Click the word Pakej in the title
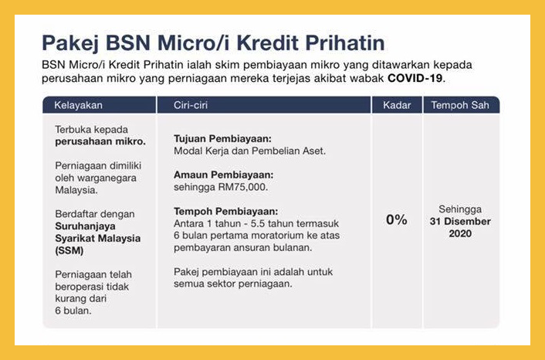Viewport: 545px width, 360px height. [70, 43]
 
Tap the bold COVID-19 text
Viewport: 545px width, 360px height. [415, 78]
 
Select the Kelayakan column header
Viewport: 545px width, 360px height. [78, 105]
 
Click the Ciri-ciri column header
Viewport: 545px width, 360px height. [191, 105]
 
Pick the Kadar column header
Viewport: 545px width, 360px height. [397, 105]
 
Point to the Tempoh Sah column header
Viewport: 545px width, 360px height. [460, 105]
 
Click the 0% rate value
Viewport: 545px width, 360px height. [397, 220]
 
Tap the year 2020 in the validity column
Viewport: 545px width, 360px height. [460, 233]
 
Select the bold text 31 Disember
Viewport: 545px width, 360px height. [460, 221]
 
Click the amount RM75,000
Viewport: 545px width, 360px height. [243, 187]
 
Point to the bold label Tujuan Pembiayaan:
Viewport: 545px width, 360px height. [222, 139]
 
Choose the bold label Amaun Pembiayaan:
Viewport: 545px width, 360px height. [224, 175]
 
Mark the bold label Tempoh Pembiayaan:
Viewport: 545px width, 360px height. [226, 211]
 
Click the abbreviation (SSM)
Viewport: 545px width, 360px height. [69, 250]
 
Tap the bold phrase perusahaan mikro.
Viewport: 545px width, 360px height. [100, 141]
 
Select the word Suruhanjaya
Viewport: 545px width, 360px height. [85, 226]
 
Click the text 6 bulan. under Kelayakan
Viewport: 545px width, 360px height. [73, 311]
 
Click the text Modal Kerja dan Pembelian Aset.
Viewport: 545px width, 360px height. [250, 151]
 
